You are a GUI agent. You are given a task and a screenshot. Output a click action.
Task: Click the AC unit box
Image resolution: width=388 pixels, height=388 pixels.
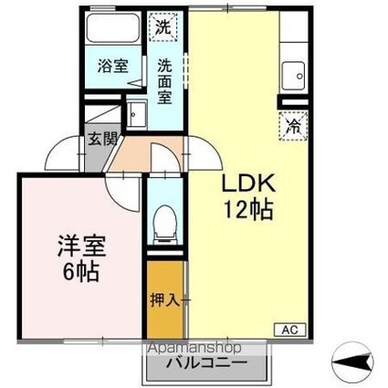click(x=289, y=330)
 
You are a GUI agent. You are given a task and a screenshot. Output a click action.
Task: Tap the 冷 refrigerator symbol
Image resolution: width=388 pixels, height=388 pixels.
click(x=294, y=126)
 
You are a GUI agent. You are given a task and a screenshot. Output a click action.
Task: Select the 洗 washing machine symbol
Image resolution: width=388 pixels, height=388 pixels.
click(x=163, y=27)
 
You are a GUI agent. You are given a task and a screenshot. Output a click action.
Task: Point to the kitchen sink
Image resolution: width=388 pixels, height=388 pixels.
click(x=293, y=76)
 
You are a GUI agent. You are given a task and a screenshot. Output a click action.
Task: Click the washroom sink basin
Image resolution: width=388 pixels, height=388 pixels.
click(x=136, y=114)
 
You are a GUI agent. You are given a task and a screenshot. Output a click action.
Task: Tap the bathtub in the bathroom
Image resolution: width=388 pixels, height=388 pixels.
click(x=112, y=28)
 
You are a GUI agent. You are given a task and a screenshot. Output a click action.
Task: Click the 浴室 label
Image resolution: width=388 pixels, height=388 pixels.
click(x=113, y=66)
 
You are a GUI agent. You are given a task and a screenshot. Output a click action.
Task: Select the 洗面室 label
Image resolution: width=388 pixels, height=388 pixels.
click(x=164, y=81)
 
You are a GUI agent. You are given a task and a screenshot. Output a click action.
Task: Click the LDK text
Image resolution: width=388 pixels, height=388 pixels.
click(x=248, y=183)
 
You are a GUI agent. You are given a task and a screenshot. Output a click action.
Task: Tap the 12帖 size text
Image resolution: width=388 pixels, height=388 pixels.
click(x=248, y=210)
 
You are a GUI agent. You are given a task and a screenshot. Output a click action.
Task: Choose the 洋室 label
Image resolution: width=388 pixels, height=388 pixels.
click(x=82, y=246)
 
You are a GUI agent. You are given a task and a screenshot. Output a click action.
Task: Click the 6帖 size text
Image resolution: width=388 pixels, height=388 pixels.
click(x=81, y=271)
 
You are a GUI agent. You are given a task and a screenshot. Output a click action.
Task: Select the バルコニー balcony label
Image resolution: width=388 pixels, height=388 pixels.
click(x=206, y=362)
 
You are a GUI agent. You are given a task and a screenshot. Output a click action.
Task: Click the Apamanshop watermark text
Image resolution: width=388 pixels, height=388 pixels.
click(x=194, y=348)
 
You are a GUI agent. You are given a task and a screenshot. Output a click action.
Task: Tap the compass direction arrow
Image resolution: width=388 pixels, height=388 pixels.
click(x=353, y=362)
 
